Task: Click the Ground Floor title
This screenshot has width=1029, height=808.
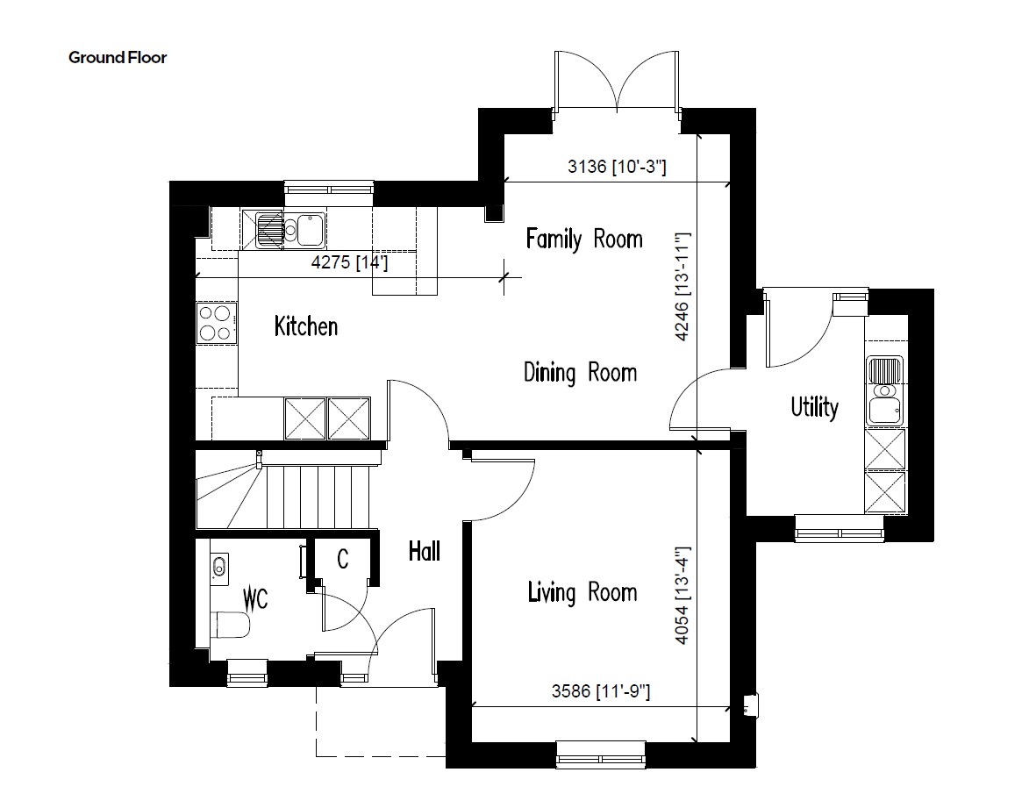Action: [118, 58]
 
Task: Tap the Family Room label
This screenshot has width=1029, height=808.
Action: [584, 239]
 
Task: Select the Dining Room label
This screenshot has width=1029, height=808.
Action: [580, 373]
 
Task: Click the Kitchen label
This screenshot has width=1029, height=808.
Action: [306, 326]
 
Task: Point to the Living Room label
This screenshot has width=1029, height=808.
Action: [582, 593]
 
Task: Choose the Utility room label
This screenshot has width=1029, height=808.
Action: [814, 408]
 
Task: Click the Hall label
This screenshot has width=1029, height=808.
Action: [424, 551]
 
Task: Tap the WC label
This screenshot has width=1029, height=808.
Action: [255, 598]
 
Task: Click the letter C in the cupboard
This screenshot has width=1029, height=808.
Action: [343, 559]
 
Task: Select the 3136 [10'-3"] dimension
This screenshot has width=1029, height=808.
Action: [617, 167]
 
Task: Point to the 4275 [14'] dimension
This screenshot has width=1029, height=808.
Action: [349, 262]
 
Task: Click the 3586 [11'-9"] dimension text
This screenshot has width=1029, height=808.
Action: [601, 691]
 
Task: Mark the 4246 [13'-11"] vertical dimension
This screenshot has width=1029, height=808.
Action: [682, 286]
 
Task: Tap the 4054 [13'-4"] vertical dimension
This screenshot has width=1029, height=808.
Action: [682, 596]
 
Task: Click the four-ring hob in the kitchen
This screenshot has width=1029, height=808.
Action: [217, 323]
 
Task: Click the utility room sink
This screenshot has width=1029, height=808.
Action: [885, 391]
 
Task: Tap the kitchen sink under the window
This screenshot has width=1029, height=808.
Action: [283, 229]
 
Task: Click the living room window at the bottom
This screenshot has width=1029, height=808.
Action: [600, 754]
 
